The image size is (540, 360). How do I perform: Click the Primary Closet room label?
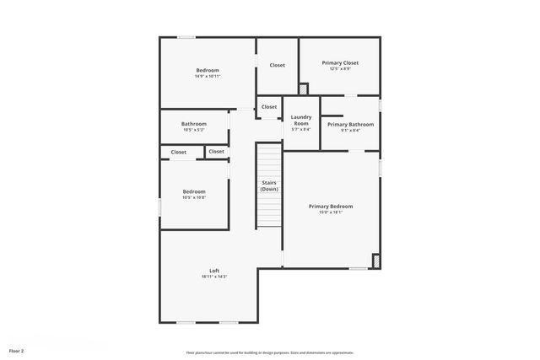(340, 62)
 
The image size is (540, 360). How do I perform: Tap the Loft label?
(214, 271)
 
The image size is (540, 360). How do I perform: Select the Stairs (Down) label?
(269, 185)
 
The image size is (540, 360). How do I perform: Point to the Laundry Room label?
(301, 121)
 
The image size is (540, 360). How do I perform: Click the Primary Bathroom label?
(350, 124)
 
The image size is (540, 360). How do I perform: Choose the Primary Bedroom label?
(331, 206)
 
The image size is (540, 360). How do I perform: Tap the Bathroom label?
(193, 124)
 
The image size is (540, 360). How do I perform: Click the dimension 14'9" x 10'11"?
(208, 76)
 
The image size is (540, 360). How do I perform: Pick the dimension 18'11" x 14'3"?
(214, 277)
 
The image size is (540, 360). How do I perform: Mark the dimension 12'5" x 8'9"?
(340, 69)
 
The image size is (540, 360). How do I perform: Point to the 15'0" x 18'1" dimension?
(331, 212)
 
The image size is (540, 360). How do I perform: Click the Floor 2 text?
(17, 350)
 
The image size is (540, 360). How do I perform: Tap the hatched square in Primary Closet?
(304, 89)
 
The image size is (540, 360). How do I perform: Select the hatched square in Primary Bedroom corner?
(376, 261)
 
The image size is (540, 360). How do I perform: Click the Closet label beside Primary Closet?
(277, 65)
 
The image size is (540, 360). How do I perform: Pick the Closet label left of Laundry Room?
(269, 107)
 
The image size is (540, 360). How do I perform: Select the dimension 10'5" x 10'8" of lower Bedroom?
(194, 197)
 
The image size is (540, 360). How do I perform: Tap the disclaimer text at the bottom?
(270, 352)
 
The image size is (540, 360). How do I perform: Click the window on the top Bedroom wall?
(186, 37)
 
